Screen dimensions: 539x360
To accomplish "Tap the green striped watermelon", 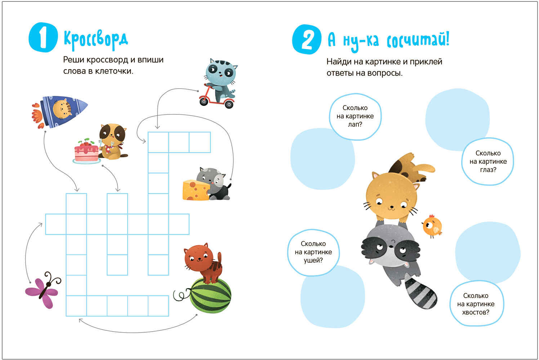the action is (210, 296).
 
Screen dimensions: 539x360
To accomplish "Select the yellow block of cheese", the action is (196, 190).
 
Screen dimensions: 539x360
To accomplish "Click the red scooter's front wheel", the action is (204, 101).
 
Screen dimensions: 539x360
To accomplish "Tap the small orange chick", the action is (432, 226).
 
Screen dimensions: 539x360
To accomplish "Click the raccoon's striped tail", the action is (420, 293).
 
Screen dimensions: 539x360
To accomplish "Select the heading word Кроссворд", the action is (96, 39).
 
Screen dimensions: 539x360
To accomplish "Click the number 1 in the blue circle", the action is (43, 37).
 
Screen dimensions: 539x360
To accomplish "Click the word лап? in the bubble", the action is (355, 124).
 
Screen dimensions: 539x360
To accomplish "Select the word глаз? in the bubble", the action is (488, 170).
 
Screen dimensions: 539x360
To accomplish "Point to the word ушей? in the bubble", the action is (313, 260).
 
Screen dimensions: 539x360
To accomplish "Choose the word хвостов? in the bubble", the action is (476, 312).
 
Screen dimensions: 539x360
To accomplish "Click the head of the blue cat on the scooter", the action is (221, 71).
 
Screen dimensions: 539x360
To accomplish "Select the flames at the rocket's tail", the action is (38, 116).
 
